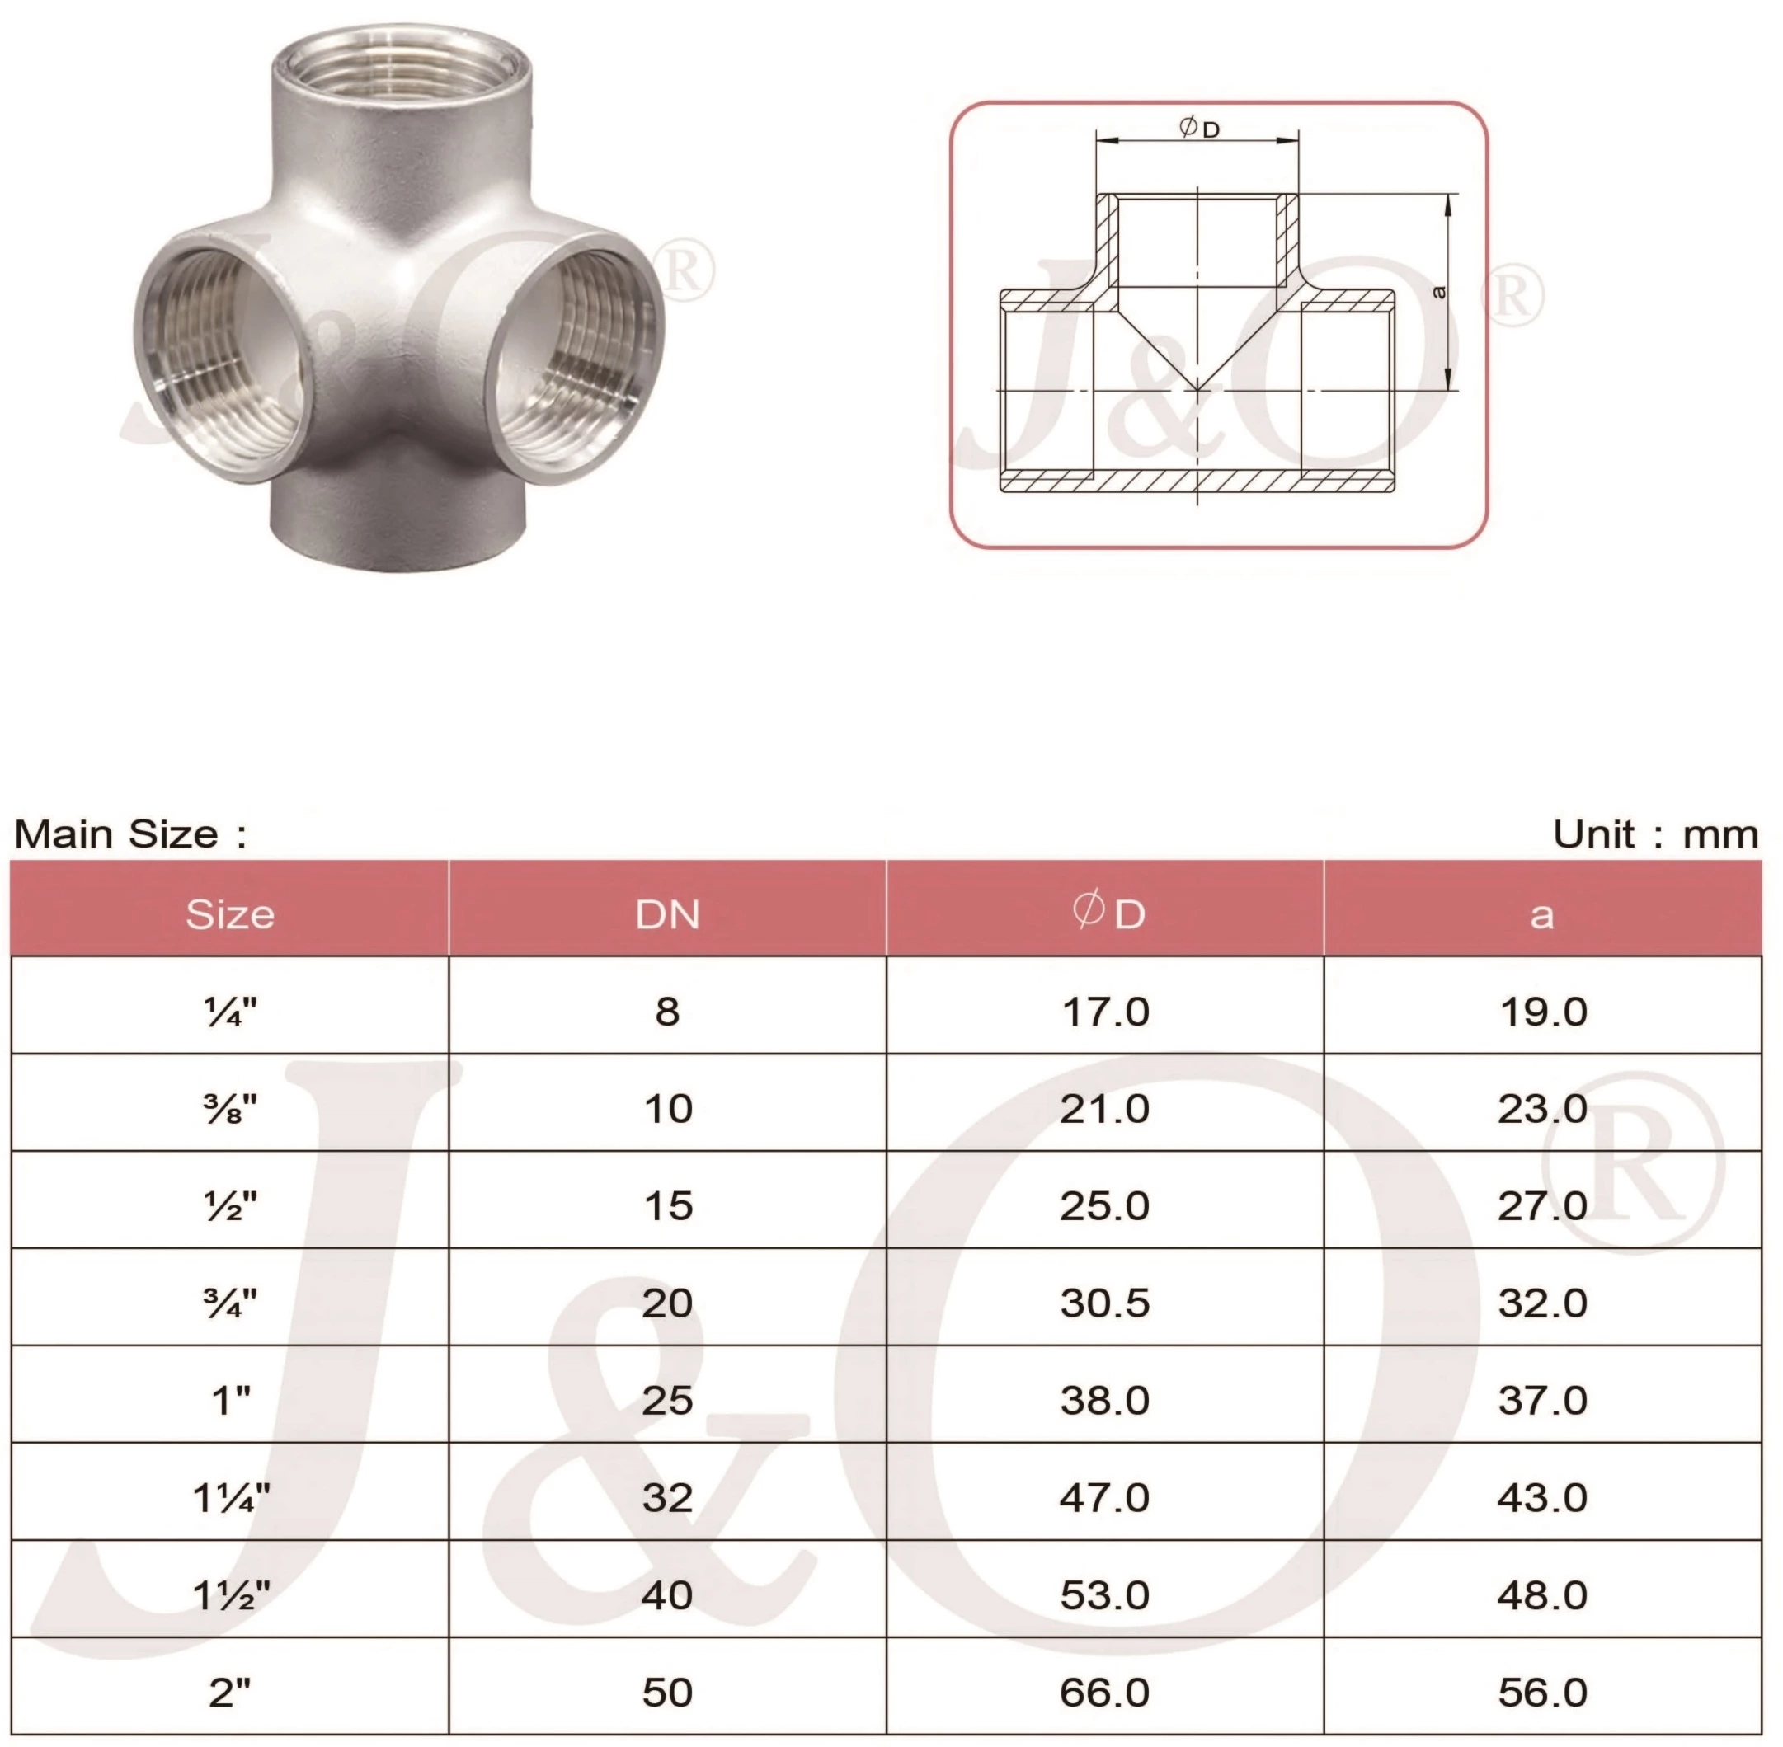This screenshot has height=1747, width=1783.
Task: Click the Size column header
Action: pyautogui.click(x=229, y=913)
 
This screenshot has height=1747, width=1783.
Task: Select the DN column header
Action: pyautogui.click(x=667, y=913)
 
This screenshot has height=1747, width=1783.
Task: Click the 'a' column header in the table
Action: pyautogui.click(x=1541, y=913)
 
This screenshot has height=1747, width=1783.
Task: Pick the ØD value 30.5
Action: pyautogui.click(x=1105, y=1302)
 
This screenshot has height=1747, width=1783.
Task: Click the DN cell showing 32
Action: pyautogui.click(x=667, y=1497)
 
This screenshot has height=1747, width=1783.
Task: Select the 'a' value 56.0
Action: pyautogui.click(x=1542, y=1692)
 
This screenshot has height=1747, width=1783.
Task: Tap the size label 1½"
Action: pyautogui.click(x=231, y=1595)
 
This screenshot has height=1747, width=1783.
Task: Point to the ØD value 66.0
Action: pyautogui.click(x=1105, y=1692)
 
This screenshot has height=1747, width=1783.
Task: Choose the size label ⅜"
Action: pyautogui.click(x=230, y=1108)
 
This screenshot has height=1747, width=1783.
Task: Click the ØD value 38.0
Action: pyautogui.click(x=1105, y=1400)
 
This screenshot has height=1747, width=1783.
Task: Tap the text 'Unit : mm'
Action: pyautogui.click(x=1655, y=834)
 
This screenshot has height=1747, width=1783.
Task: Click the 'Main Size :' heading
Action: pyautogui.click(x=130, y=834)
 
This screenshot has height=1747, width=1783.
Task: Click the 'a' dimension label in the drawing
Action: pyautogui.click(x=1438, y=292)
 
